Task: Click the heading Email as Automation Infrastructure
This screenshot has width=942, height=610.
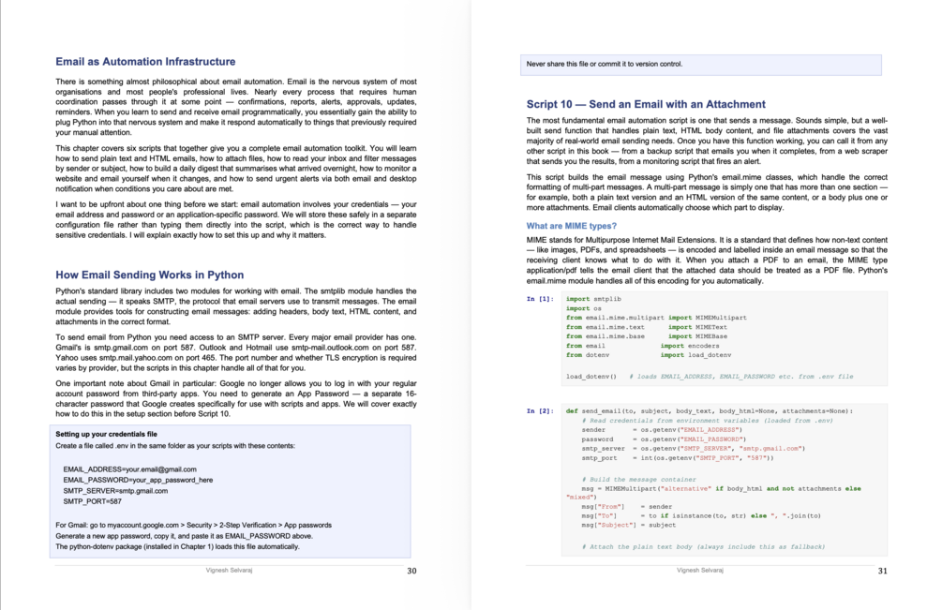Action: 145,62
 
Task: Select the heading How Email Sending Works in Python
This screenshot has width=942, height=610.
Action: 150,275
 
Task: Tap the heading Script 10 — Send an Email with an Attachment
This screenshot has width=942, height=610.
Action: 646,105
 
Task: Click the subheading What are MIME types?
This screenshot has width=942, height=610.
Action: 571,227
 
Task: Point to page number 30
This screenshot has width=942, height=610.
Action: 412,570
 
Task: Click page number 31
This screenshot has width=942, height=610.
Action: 882,570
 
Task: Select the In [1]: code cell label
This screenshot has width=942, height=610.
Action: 540,299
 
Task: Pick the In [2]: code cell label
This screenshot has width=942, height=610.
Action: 540,410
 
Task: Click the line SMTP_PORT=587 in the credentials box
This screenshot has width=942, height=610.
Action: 93,501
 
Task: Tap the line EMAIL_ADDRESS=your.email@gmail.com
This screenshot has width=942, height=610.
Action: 129,469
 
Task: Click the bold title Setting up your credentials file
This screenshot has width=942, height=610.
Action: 106,435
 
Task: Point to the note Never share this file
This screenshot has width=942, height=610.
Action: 605,65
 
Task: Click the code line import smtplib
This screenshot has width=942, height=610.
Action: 593,299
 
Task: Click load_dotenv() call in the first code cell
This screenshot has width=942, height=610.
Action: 590,377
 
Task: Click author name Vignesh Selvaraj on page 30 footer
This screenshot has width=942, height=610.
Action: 231,570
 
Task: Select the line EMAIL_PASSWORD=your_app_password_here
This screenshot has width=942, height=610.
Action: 138,480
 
